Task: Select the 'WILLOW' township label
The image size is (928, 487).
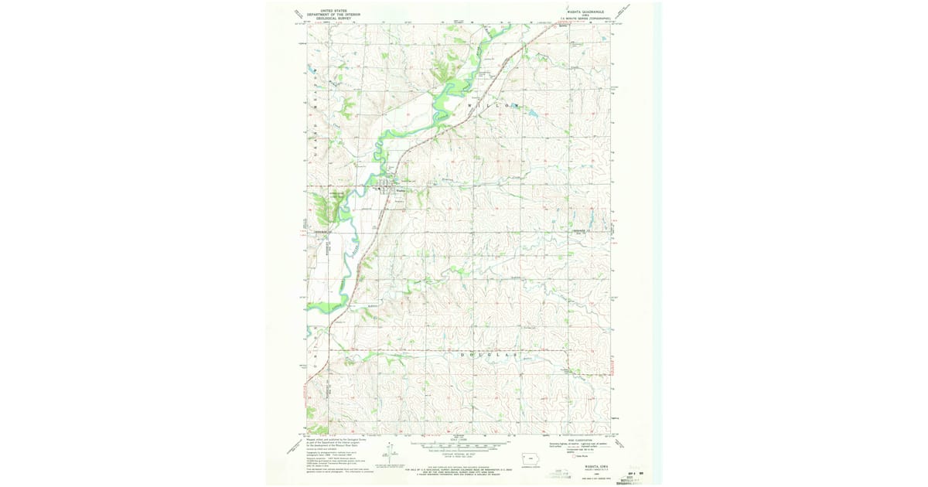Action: coord(494,104)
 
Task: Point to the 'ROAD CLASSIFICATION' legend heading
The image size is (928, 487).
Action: coord(586,441)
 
